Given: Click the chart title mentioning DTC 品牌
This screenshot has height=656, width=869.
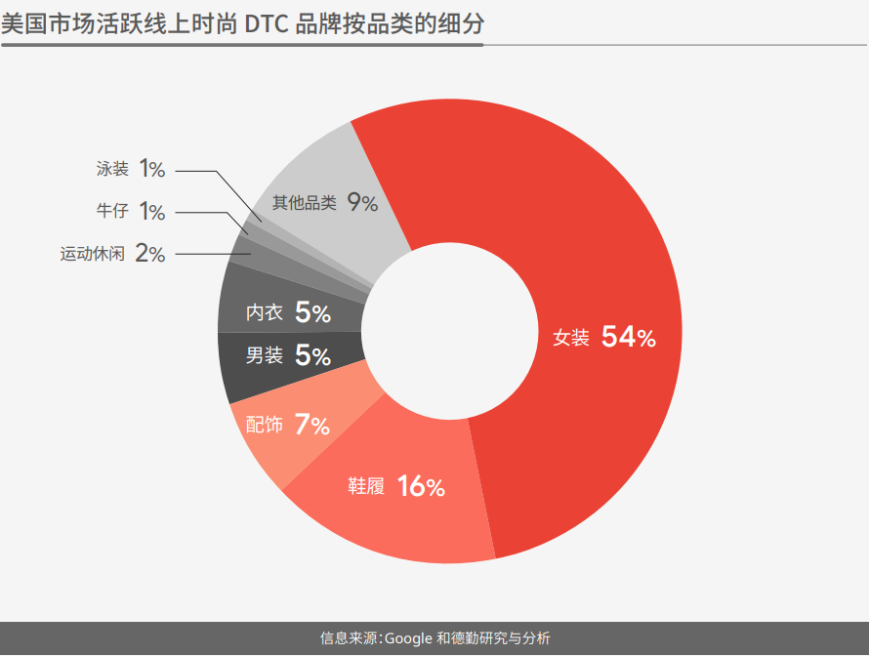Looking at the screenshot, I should point(241,24).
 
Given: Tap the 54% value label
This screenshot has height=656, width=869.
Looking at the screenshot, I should point(629,338).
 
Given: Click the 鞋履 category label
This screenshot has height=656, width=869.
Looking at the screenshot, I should point(366,486).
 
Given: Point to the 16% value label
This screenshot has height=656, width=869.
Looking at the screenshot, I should point(421,486).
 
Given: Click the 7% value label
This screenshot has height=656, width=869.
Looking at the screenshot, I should point(312,425).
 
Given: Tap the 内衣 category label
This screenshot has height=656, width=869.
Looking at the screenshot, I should point(264,312).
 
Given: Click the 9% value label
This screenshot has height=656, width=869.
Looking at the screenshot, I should point(362,203).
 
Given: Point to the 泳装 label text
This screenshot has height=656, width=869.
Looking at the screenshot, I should point(112,169).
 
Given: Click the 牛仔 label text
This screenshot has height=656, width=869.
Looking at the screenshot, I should point(112,211).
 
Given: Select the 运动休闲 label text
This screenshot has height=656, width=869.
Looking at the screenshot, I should point(92,254).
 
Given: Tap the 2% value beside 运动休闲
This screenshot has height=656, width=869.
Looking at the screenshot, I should point(149,254).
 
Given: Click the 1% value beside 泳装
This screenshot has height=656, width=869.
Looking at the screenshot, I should point(151,169).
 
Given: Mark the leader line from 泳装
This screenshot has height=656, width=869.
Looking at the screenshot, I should point(195,172).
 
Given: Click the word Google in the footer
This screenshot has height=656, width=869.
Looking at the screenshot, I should point(408,638).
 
